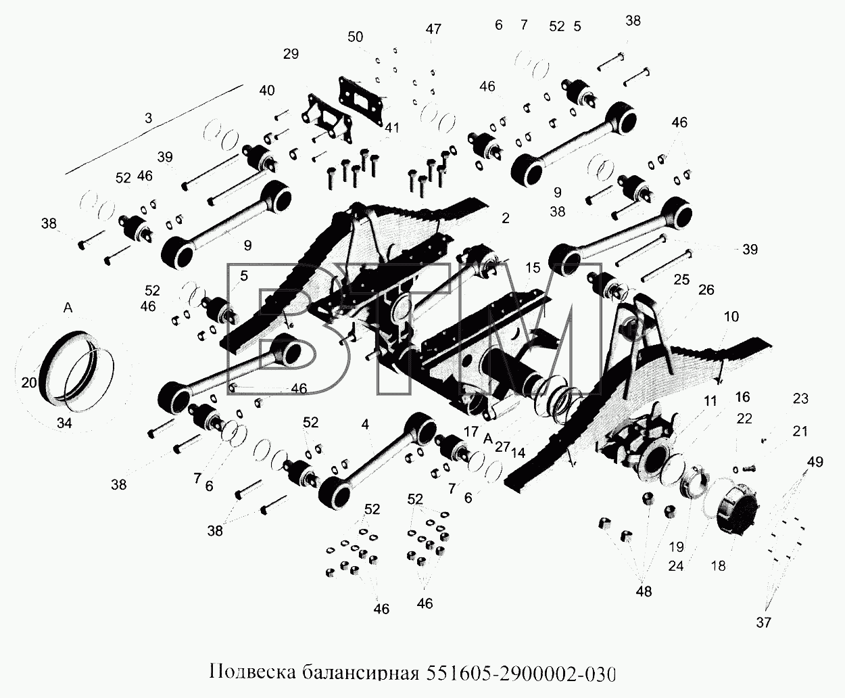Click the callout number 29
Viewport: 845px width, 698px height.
pyautogui.click(x=291, y=54)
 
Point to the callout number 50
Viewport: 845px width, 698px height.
pyautogui.click(x=356, y=37)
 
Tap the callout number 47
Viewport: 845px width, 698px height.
pyautogui.click(x=433, y=29)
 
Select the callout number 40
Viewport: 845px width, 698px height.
pyautogui.click(x=267, y=90)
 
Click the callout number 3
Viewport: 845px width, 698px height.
pyautogui.click(x=149, y=118)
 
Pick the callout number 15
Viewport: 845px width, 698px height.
pyautogui.click(x=533, y=268)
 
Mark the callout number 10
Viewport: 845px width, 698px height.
pyautogui.click(x=731, y=317)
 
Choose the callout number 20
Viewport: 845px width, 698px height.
pyautogui.click(x=29, y=382)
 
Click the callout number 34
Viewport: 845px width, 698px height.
pyautogui.click(x=64, y=423)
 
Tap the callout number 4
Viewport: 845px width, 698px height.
pyautogui.click(x=365, y=424)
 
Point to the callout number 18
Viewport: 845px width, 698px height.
pyautogui.click(x=719, y=565)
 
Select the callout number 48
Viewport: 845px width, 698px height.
pyautogui.click(x=644, y=592)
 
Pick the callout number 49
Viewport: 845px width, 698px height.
pyautogui.click(x=815, y=461)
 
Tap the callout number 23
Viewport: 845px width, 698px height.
pyautogui.click(x=800, y=399)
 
